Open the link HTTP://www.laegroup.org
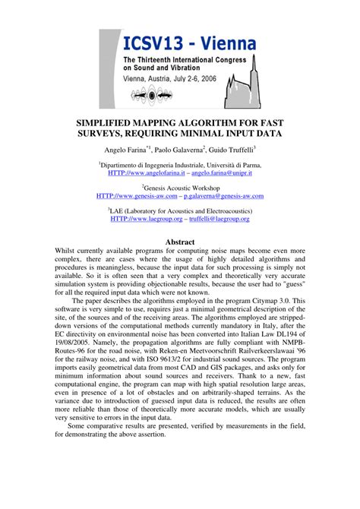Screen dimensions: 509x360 coord(147,218)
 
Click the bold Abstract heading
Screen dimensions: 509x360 coord(180,242)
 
